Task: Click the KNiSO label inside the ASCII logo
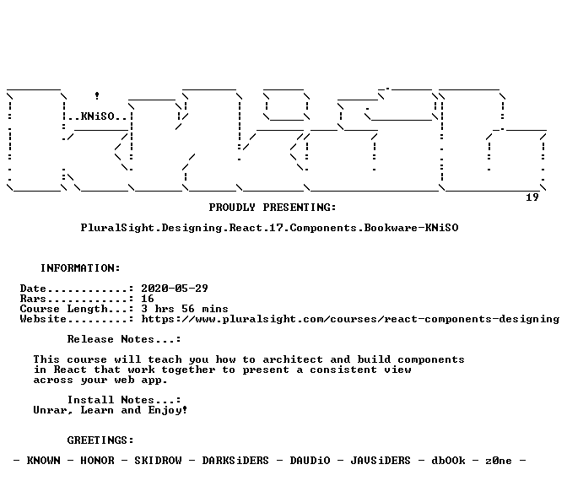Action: pos(97,116)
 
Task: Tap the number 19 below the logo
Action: pos(532,197)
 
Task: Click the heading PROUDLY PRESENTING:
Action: pos(273,208)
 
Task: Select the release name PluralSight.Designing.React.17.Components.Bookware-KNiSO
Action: pos(269,228)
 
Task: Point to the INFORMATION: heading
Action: pos(80,268)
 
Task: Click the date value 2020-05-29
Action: pos(175,289)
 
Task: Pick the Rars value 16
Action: pos(148,299)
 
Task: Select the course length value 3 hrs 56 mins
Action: pos(185,309)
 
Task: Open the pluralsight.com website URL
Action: pos(350,319)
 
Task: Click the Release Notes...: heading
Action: pos(124,339)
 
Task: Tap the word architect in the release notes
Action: pos(293,359)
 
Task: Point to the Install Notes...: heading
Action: pos(124,400)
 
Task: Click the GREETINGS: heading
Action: pos(100,440)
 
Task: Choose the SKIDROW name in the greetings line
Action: pos(158,461)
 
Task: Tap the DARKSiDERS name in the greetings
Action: pos(235,461)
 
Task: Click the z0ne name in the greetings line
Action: pos(499,461)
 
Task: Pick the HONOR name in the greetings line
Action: pos(97,461)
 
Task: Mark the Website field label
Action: pos(43,319)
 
